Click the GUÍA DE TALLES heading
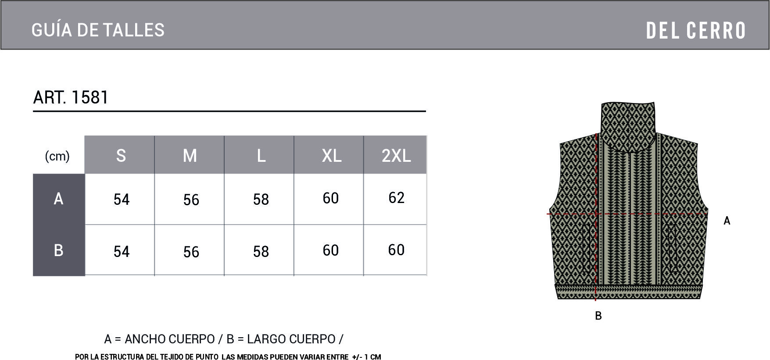(x=98, y=30)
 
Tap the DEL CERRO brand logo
(x=696, y=30)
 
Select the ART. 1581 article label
(x=71, y=97)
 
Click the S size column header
(x=121, y=156)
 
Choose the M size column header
(x=190, y=156)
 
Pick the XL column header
(x=332, y=156)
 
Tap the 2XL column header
(x=396, y=156)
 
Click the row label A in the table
(x=58, y=199)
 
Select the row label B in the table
(x=58, y=250)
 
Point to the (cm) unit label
(x=57, y=156)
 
